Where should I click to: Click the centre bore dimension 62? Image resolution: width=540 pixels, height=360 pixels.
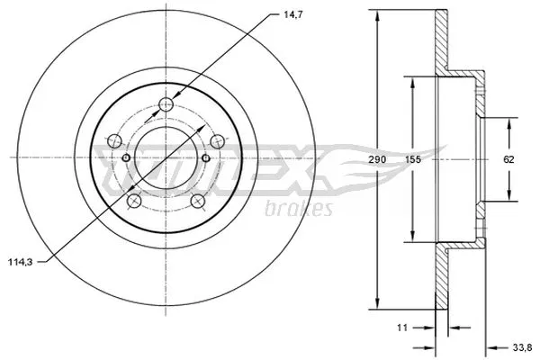508,159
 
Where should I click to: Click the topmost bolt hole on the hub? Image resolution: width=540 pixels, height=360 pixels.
166,105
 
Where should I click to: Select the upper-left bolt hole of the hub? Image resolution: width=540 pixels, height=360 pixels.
114,140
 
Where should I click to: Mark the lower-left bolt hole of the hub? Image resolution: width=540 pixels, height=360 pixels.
133,201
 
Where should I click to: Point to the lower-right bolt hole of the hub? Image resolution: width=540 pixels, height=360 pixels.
197,201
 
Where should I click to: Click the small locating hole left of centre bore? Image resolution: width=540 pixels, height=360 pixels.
126,159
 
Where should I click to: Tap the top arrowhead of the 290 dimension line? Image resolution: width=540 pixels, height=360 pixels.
377,14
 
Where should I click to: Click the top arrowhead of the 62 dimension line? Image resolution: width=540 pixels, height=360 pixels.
509,121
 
